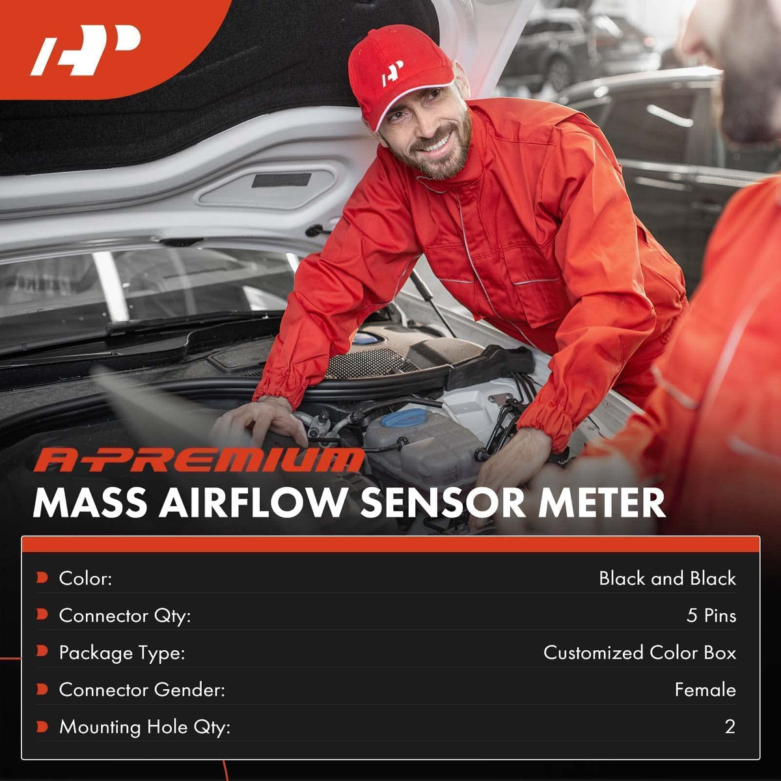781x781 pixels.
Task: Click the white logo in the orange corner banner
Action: pos(85,49)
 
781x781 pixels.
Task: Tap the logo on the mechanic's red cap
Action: pos(392,73)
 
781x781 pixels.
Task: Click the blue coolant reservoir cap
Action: pos(403,417)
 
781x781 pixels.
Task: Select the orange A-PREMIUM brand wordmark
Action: pos(199,460)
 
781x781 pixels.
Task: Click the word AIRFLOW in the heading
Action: pos(251,503)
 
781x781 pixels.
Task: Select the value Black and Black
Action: pos(667,579)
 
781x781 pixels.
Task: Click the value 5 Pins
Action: pos(711,615)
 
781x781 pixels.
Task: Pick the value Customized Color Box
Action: pos(640,653)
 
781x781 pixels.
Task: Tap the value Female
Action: pos(706,689)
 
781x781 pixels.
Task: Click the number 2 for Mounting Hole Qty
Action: pos(730,727)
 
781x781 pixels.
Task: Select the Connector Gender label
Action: pos(142,689)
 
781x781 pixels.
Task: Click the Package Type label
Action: pos(122,653)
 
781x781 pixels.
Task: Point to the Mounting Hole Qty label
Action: pos(144,727)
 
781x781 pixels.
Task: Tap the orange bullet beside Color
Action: pos(42,577)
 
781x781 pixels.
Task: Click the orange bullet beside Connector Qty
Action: pos(42,615)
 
